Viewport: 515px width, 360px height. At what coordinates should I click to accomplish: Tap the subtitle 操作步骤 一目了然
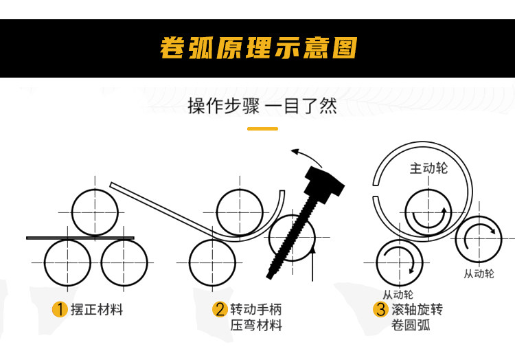pyautogui.click(x=262, y=106)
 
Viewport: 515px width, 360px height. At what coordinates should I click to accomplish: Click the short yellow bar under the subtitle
pyautogui.click(x=262, y=128)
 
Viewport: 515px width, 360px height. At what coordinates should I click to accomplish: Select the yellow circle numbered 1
pyautogui.click(x=60, y=309)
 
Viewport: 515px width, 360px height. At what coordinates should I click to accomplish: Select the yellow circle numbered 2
pyautogui.click(x=220, y=309)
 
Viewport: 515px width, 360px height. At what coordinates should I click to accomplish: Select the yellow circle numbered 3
pyautogui.click(x=380, y=309)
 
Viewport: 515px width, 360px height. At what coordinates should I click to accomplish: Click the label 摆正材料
pyautogui.click(x=97, y=309)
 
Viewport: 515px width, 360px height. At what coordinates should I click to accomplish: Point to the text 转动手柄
pyautogui.click(x=255, y=309)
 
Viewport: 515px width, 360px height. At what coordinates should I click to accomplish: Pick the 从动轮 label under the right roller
pyautogui.click(x=479, y=273)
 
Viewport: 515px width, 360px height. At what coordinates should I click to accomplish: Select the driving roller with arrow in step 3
pyautogui.click(x=428, y=211)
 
